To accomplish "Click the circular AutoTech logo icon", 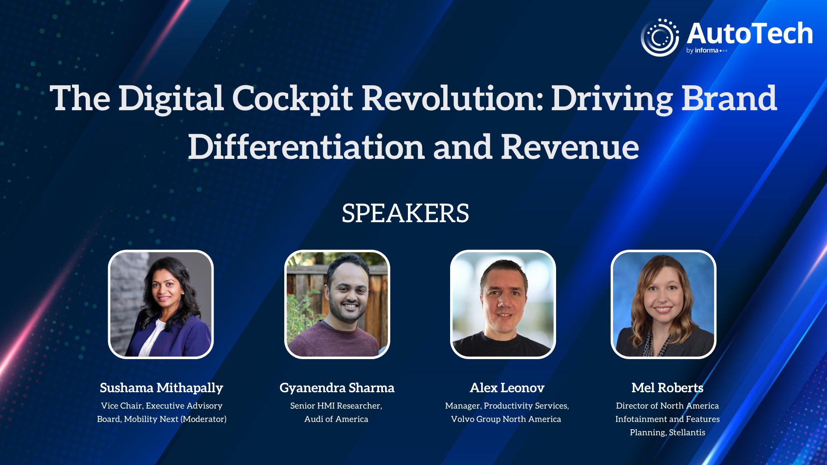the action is pos(659,37).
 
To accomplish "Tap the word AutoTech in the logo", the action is pos(750,34).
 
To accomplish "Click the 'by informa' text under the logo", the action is pos(703,50).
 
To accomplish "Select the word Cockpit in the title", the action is pos(292,99).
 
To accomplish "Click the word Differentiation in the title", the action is pos(306,146).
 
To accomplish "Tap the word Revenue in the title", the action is pos(570,146).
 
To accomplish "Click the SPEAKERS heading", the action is pos(405,213).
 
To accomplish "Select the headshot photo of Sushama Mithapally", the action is pos(161,304).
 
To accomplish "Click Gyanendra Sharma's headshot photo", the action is pos(337,304).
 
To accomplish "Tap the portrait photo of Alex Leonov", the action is pos(503,304).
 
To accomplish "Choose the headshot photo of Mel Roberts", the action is pos(663,304).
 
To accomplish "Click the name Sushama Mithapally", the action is pos(162,388).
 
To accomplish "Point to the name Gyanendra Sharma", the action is pos(337,388).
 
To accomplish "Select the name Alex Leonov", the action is pos(507,388).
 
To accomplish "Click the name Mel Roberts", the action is pos(667,388).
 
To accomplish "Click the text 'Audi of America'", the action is pos(336,419).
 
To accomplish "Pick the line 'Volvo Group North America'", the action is pos(506,419).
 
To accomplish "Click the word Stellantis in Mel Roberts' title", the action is pos(687,432).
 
